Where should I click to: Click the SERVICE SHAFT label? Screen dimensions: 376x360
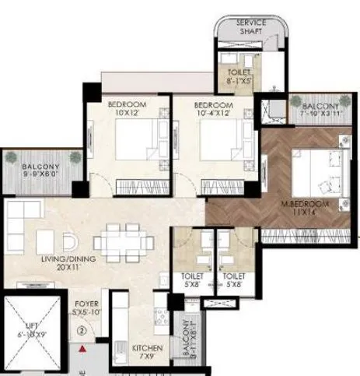(250, 28)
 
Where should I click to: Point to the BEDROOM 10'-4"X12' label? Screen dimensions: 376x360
(213, 110)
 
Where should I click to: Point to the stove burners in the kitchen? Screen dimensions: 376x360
(162, 316)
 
